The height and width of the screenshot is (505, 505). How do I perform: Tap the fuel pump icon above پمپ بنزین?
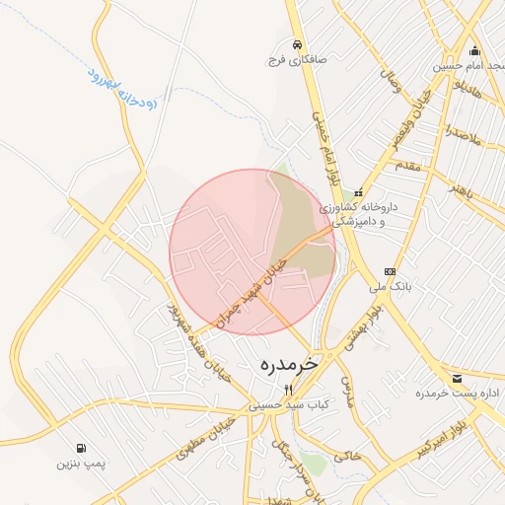(81, 448)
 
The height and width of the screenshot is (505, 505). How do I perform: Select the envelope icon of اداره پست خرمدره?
(457, 379)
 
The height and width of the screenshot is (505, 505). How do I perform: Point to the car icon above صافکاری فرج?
(297, 44)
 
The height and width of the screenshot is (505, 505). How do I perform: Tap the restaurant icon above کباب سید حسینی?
(288, 390)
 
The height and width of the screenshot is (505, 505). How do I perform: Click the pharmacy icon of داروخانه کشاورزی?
(358, 192)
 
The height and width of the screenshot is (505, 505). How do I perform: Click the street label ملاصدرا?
(461, 132)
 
